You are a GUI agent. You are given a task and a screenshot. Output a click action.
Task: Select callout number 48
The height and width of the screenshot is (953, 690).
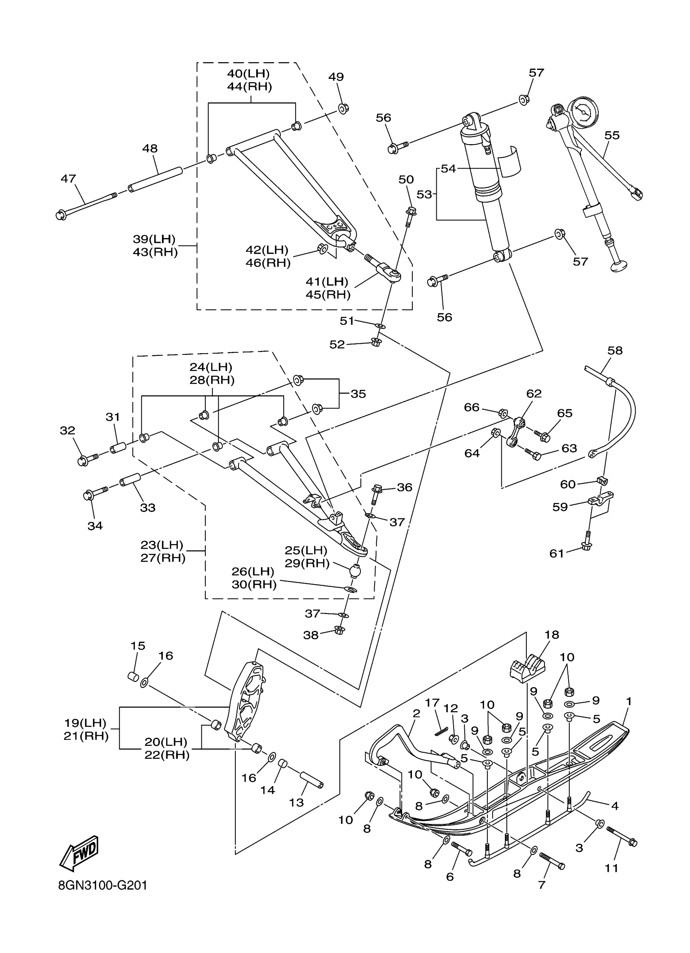150,148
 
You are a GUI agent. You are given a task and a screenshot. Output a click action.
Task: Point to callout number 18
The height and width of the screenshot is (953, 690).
552,646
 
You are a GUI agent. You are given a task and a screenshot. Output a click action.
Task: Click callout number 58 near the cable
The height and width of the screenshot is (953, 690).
615,350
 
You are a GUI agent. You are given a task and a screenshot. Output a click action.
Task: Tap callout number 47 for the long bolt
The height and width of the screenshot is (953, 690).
68,179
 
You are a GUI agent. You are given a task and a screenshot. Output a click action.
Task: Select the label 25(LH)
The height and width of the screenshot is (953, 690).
306,550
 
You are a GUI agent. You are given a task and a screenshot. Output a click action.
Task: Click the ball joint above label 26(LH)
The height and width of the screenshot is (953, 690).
355,571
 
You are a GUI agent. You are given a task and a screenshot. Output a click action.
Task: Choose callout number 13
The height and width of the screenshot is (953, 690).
296,803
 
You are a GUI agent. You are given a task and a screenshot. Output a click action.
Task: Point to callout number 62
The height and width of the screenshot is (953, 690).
534,393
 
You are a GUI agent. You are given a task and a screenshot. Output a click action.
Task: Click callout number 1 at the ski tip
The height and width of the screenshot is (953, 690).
629,701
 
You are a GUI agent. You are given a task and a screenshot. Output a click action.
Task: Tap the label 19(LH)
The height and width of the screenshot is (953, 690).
85,723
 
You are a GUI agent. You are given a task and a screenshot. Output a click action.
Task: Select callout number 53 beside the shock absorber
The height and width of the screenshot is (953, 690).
424,194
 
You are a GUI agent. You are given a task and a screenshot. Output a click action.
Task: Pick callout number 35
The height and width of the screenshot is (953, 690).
358,394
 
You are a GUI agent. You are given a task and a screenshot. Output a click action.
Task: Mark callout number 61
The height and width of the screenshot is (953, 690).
557,553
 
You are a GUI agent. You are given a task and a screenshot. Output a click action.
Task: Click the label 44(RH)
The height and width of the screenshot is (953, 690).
250,87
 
